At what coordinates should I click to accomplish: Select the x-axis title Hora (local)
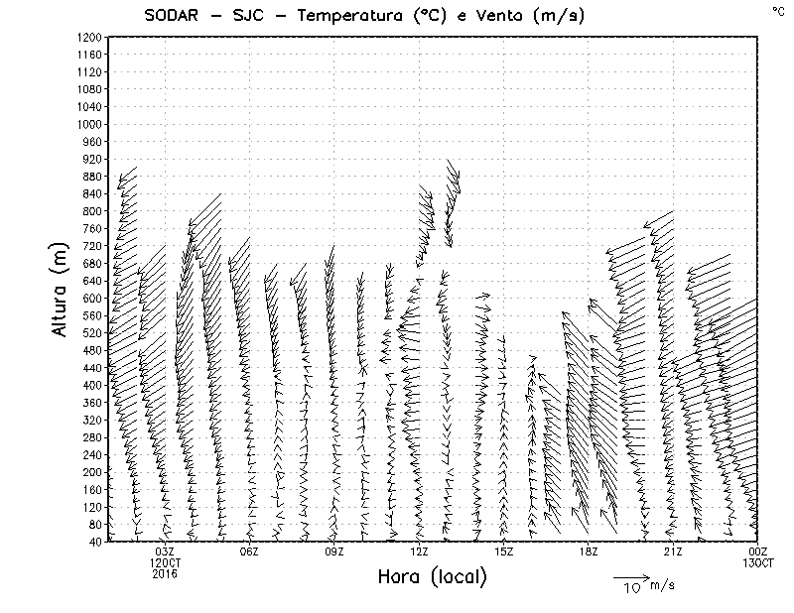[431, 576]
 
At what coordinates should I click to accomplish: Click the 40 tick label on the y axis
[95, 541]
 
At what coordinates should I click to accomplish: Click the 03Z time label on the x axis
[165, 552]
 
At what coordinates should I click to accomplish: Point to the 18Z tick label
[589, 552]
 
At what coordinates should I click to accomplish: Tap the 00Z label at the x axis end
[758, 552]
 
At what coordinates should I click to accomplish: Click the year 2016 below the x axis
[165, 573]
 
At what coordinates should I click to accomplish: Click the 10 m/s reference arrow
[629, 576]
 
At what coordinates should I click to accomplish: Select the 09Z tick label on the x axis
[334, 552]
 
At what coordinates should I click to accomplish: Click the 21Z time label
[673, 552]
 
